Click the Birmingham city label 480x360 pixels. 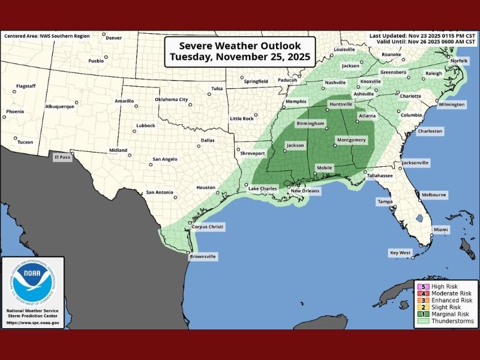tap(311, 123)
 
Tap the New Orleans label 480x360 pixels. tap(305, 191)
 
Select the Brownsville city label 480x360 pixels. tap(202, 256)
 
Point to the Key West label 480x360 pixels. tap(400, 252)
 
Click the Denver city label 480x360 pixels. tap(113, 38)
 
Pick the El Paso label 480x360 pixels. tap(62, 157)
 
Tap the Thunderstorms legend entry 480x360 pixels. tap(449, 321)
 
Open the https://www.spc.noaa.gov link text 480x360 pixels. tap(32, 323)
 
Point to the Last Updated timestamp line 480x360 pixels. tap(422, 36)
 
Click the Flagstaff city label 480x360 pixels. tap(26, 86)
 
